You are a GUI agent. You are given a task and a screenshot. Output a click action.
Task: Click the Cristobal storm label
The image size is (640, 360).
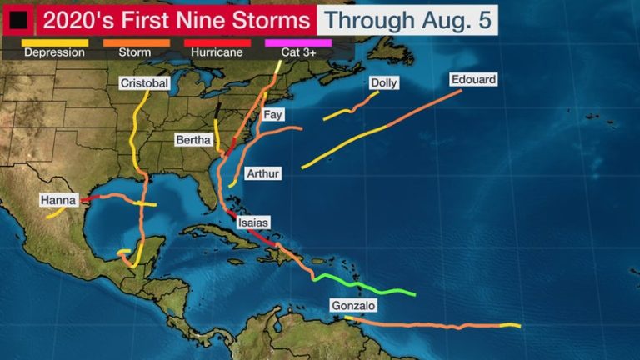point(144,83)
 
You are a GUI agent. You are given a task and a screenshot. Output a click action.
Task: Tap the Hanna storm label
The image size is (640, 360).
point(58,200)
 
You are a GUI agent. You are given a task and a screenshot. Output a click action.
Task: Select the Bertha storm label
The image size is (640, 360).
point(193,139)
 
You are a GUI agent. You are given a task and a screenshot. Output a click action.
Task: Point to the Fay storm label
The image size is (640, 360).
point(272,115)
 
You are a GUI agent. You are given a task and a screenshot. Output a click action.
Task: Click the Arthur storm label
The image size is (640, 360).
point(263,173)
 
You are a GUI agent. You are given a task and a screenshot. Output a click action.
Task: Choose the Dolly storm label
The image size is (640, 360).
point(383,83)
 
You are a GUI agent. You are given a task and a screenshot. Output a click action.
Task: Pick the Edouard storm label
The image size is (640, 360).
point(473,80)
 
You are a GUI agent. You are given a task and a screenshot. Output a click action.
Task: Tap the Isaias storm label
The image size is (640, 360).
point(252,222)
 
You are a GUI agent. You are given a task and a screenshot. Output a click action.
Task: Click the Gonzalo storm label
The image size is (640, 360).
point(353,306)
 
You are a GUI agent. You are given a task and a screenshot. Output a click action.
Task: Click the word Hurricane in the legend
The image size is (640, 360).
point(217,52)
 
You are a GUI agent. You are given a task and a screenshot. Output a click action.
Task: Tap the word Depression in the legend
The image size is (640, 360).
point(55,52)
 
